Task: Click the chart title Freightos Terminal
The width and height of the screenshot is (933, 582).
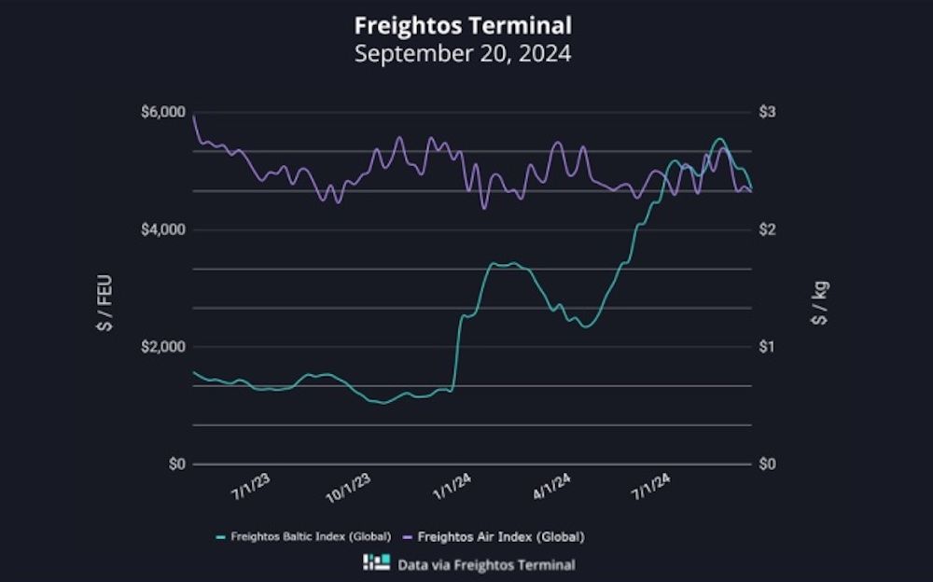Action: click(x=463, y=23)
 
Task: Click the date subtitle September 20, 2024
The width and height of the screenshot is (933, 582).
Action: click(x=463, y=52)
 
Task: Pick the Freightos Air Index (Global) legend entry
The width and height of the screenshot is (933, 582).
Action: click(x=494, y=536)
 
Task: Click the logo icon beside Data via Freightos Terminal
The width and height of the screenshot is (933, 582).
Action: click(x=377, y=562)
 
